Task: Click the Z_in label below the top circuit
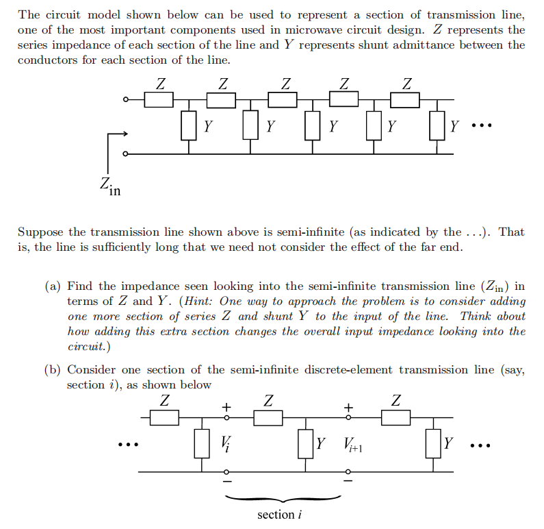[x=109, y=186]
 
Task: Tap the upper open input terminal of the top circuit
[x=125, y=100]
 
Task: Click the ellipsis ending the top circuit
[x=482, y=127]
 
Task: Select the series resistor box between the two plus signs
[x=268, y=417]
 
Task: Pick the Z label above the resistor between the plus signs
[x=269, y=399]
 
